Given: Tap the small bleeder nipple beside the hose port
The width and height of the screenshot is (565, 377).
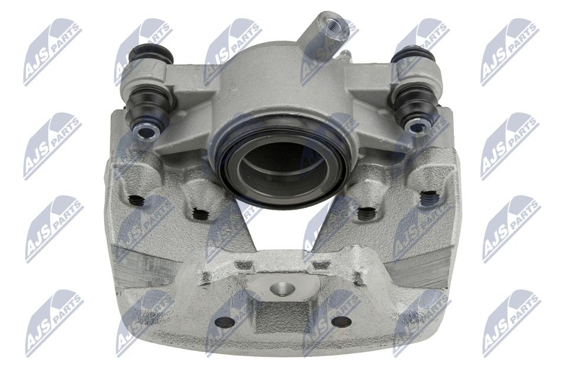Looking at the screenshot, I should [x=345, y=55].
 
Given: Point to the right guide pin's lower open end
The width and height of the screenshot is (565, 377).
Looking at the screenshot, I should [x=418, y=126].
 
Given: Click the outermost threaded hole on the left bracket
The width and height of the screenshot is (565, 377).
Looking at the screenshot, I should [x=137, y=200].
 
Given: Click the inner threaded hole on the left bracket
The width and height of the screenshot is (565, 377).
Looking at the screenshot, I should [x=200, y=214].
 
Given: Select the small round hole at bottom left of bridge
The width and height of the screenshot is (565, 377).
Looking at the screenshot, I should [x=224, y=322].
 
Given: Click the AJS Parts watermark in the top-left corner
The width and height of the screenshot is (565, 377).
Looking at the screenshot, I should [x=52, y=52].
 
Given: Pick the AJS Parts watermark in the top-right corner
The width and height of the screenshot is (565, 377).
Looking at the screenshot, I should [x=510, y=52].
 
